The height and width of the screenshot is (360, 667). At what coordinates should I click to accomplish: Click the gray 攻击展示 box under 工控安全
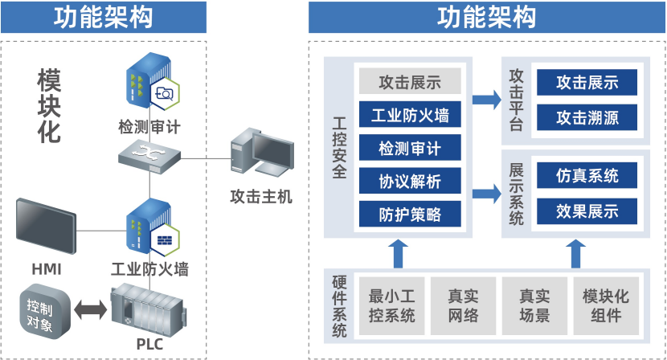410,81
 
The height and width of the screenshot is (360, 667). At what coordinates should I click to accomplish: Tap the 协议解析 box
410,182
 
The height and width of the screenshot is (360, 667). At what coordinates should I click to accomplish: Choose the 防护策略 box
410,215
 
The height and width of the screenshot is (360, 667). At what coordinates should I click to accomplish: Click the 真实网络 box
463,306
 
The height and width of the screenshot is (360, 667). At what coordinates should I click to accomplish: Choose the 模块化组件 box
606,306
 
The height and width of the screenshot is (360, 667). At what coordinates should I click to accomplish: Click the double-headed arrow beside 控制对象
89,309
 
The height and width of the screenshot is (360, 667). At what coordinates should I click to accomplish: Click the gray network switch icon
149,152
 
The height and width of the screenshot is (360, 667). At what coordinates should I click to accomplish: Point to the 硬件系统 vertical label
338,306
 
